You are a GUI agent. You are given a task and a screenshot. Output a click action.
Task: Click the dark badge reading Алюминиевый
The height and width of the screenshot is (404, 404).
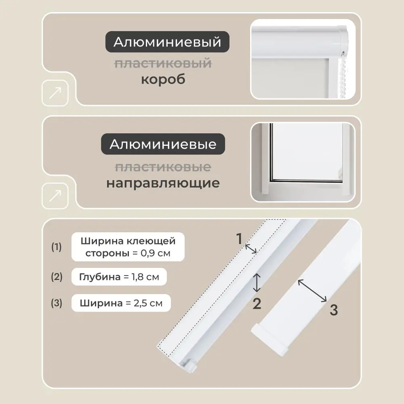[167, 42]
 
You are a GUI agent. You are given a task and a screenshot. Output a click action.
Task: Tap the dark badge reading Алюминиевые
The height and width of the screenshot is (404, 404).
[163, 144]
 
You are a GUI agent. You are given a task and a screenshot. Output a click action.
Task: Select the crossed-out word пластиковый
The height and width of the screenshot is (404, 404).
[163, 63]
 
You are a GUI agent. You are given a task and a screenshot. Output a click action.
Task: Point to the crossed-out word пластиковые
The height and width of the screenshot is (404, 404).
[163, 166]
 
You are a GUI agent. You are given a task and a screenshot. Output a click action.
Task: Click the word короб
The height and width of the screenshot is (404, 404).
[163, 79]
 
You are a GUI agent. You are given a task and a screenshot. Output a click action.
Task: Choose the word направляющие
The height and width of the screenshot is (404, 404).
[163, 183]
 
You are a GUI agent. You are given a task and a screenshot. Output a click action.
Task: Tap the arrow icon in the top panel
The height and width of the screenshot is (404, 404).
[55, 93]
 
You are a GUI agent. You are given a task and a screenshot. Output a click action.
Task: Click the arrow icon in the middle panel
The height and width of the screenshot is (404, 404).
[55, 196]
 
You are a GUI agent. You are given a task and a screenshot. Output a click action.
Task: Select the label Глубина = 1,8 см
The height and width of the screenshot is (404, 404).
[119, 277]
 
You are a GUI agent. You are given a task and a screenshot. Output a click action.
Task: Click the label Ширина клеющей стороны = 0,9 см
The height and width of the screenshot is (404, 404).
[128, 247]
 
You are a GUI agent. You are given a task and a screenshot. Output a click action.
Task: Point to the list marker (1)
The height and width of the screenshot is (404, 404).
[57, 247]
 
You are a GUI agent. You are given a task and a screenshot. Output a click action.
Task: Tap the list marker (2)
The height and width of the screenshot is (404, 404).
[57, 277]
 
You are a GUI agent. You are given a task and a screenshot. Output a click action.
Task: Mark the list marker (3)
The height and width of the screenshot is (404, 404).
[57, 303]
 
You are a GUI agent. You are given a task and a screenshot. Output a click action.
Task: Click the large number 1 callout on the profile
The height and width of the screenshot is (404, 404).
[239, 239]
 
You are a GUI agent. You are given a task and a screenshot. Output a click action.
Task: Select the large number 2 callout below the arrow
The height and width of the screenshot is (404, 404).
[257, 303]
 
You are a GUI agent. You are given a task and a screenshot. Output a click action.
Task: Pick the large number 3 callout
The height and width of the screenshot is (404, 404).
[334, 310]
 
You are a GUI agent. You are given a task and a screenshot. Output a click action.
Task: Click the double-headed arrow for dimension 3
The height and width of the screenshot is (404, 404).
[312, 290]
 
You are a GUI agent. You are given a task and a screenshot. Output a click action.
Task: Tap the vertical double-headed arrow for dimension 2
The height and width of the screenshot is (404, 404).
[257, 282]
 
